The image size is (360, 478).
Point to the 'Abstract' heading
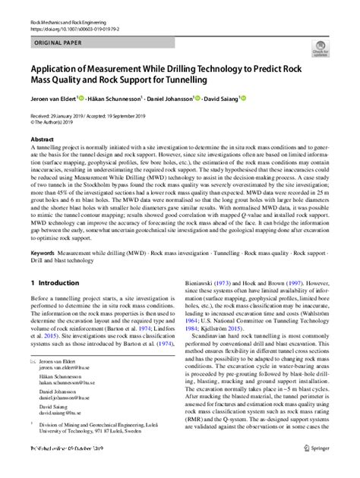(42, 140)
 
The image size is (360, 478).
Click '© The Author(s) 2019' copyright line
(57, 121)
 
